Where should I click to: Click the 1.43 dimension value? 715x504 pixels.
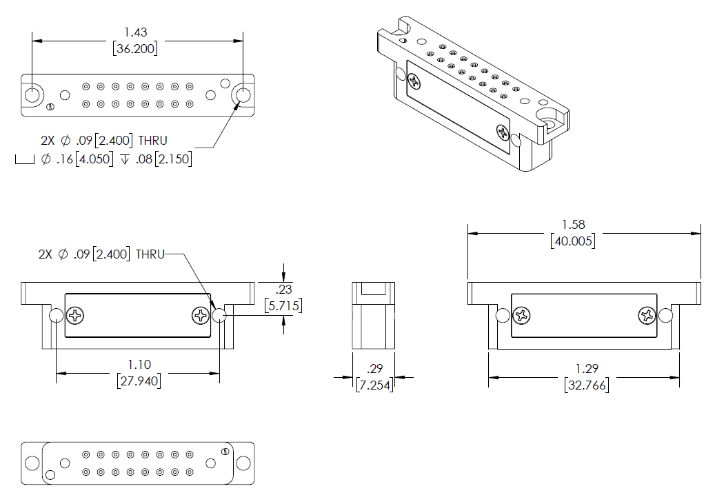[136, 32]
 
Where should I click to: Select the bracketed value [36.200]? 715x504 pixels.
[135, 48]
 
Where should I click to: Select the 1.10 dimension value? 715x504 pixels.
[139, 364]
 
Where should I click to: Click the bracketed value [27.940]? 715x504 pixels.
[139, 380]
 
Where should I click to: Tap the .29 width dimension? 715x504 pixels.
[374, 369]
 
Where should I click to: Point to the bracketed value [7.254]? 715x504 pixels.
[374, 385]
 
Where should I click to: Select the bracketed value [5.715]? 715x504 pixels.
[283, 305]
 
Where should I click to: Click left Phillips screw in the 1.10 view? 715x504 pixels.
[76, 316]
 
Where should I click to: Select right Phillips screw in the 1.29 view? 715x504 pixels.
[647, 316]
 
